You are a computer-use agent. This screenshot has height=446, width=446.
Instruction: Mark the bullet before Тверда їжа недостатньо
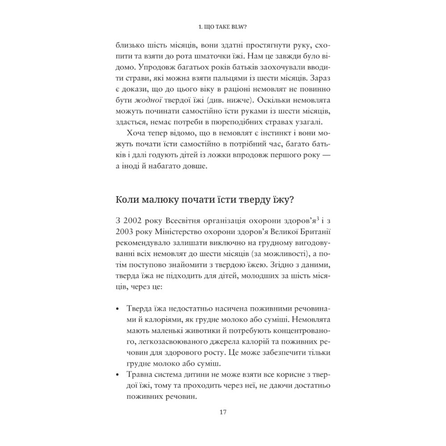coord(117,310)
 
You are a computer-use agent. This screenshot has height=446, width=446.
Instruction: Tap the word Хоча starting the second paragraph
coord(137,133)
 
